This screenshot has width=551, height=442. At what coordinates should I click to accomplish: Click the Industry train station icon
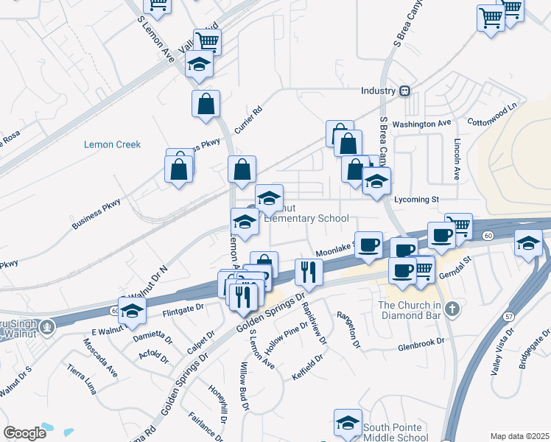pyautogui.click(x=404, y=91)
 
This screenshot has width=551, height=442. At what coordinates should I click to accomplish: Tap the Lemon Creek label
pyautogui.click(x=112, y=144)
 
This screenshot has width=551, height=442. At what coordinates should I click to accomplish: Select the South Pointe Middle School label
pyautogui.click(x=402, y=432)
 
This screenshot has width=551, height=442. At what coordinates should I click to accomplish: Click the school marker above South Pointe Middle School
pyautogui.click(x=348, y=423)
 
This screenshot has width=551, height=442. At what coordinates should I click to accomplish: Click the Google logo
pyautogui.click(x=24, y=433)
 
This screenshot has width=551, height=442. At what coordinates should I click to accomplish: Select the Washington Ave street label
pyautogui.click(x=421, y=124)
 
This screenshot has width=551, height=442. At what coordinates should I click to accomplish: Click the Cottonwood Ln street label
pyautogui.click(x=493, y=117)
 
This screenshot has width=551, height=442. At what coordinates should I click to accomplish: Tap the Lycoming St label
pyautogui.click(x=416, y=199)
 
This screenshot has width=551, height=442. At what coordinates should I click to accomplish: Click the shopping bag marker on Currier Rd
pyautogui.click(x=206, y=105)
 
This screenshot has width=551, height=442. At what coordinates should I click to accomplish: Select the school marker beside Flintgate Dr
pyautogui.click(x=132, y=312)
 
